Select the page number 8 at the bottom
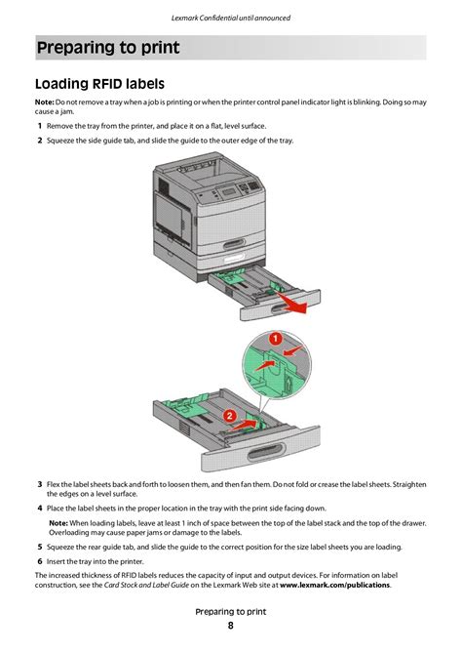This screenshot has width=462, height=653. (x=231, y=626)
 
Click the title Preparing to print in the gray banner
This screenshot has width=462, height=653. (x=107, y=48)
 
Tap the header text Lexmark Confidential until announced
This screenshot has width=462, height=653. (x=231, y=18)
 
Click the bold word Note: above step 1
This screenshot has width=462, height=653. (x=44, y=102)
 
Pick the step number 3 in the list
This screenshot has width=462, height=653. (x=39, y=484)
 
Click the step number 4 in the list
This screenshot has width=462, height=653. (x=39, y=509)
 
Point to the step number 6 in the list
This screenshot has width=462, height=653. (x=39, y=561)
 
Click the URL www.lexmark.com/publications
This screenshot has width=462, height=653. (x=334, y=586)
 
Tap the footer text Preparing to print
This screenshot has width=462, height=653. (x=231, y=612)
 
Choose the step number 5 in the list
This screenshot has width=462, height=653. (x=39, y=548)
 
